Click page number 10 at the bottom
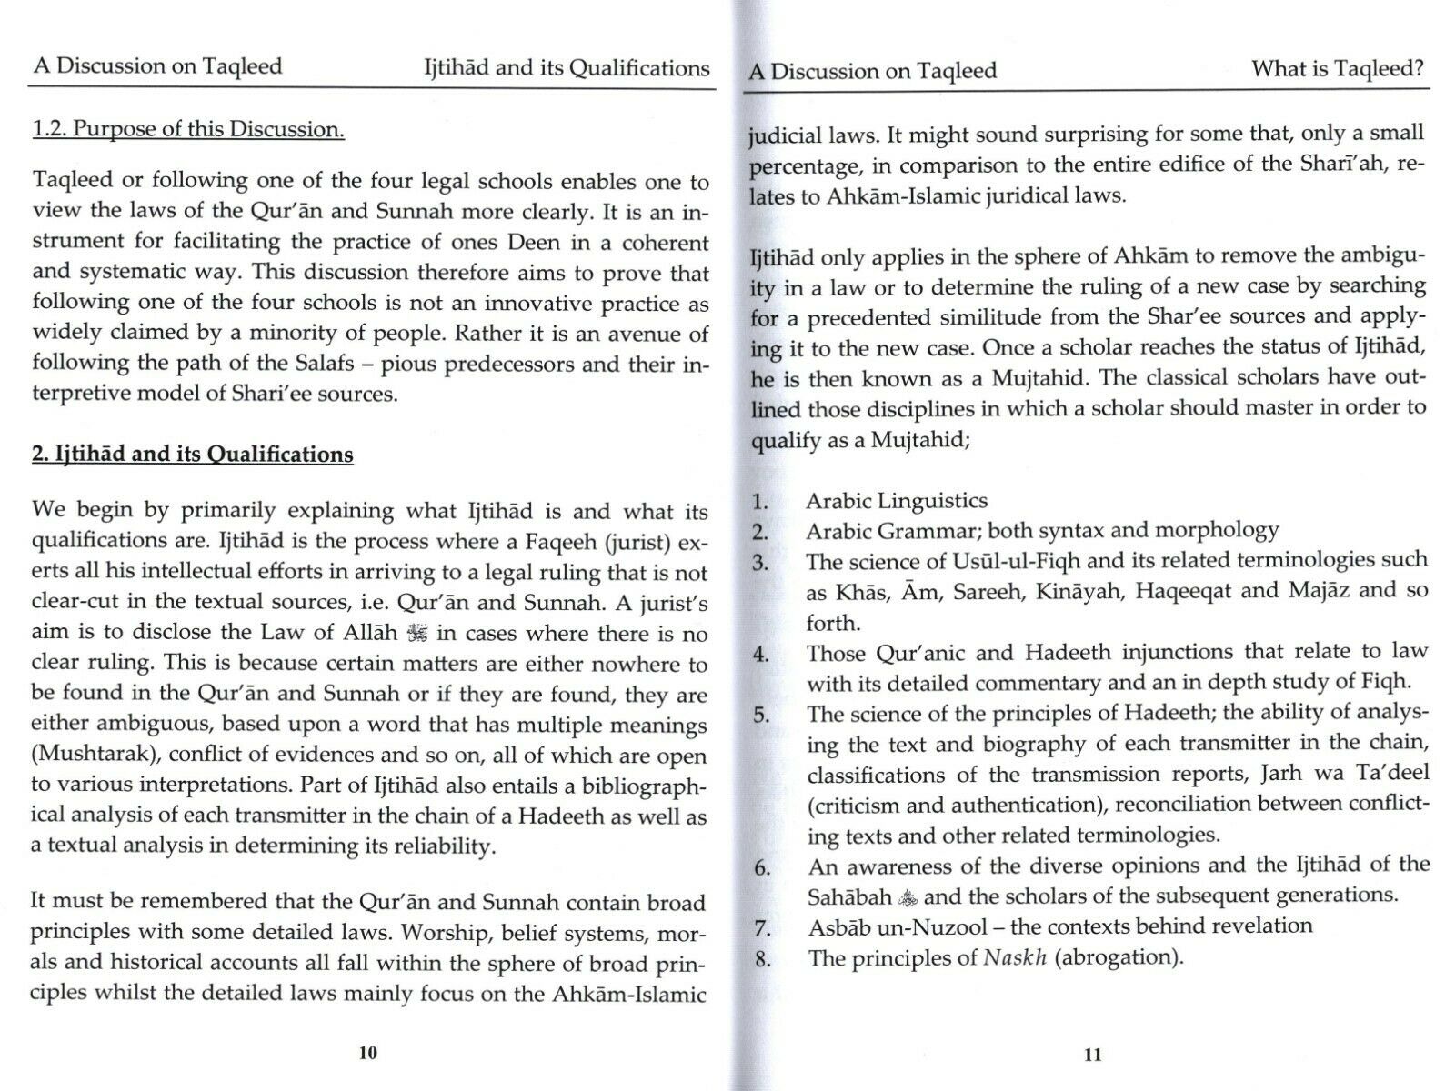[x=367, y=1053]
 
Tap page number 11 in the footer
[x=1093, y=1055]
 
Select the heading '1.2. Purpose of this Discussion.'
[x=188, y=129]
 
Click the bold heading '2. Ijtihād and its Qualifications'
[x=192, y=454]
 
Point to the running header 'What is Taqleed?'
[x=1337, y=68]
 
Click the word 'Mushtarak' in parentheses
[x=93, y=756]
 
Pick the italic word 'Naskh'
[x=1017, y=957]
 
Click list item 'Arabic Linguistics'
[x=896, y=500]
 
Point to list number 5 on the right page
[x=760, y=714]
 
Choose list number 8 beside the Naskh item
[x=762, y=958]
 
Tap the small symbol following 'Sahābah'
[x=908, y=897]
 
